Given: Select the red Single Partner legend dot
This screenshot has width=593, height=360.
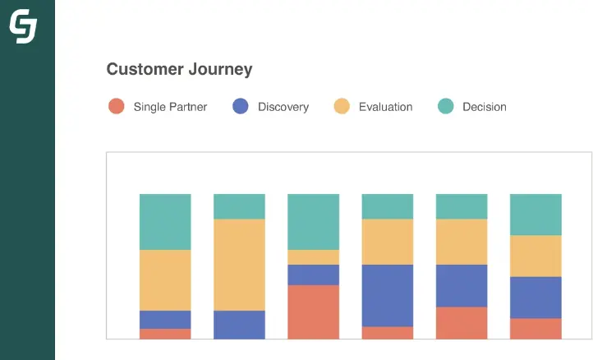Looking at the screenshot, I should pyautogui.click(x=117, y=106).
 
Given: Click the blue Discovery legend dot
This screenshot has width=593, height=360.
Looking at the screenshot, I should pyautogui.click(x=241, y=106).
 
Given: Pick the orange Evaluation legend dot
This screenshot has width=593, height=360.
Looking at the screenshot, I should pyautogui.click(x=342, y=106).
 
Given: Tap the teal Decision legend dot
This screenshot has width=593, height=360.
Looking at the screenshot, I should pyautogui.click(x=445, y=106).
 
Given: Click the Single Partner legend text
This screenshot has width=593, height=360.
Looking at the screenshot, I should pyautogui.click(x=170, y=107).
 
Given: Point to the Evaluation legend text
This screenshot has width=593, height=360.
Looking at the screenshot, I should pyautogui.click(x=385, y=107).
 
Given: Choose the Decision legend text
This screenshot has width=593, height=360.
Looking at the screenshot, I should pyautogui.click(x=484, y=107).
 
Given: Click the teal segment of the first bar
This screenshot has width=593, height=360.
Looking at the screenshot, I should pyautogui.click(x=165, y=222).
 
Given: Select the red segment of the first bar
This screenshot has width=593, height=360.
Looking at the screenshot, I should pyautogui.click(x=165, y=334).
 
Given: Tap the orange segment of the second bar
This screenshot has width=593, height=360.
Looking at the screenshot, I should pyautogui.click(x=239, y=265).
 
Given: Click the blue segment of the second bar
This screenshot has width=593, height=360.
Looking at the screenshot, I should pyautogui.click(x=239, y=325).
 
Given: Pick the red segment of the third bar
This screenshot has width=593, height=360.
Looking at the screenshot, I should pyautogui.click(x=313, y=312).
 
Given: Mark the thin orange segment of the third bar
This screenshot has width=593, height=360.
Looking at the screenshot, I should pyautogui.click(x=313, y=257).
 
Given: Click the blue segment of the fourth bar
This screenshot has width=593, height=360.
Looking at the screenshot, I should pyautogui.click(x=387, y=295).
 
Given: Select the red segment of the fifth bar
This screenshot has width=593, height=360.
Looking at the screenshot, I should pyautogui.click(x=461, y=323).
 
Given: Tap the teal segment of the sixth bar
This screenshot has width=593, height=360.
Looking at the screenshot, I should pyautogui.click(x=536, y=215).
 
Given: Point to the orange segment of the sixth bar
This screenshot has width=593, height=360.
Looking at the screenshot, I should pyautogui.click(x=536, y=256).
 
